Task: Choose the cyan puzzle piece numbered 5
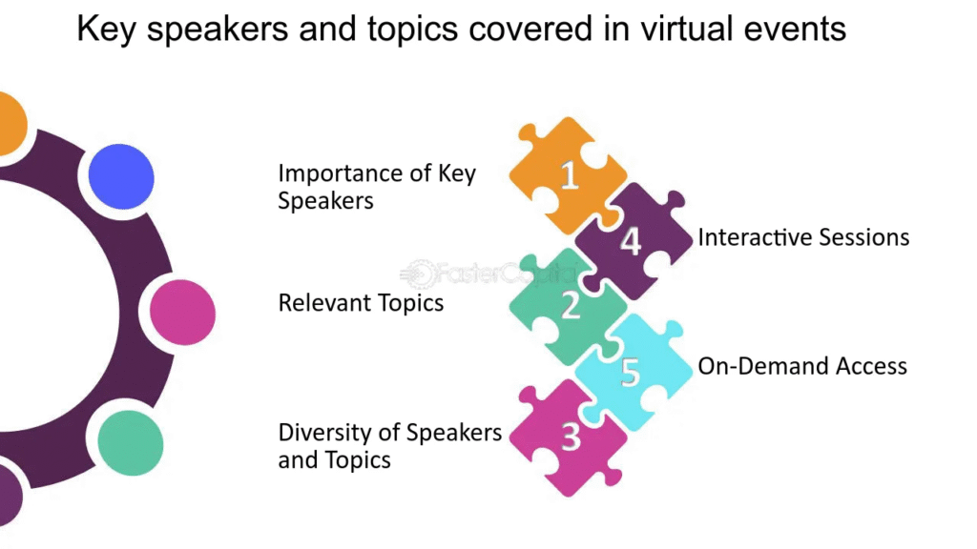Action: [x=634, y=373]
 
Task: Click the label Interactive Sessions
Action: [x=803, y=237]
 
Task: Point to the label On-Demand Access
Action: [x=802, y=366]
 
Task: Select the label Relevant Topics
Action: [x=361, y=303]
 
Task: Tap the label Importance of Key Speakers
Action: [x=376, y=187]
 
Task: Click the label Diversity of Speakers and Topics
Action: [x=389, y=446]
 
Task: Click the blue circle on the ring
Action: [x=121, y=176]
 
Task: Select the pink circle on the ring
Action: [x=182, y=313]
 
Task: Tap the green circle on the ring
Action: [x=130, y=442]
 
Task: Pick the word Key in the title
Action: [x=107, y=30]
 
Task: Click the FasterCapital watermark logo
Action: [x=488, y=274]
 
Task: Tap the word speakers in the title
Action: [x=218, y=30]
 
